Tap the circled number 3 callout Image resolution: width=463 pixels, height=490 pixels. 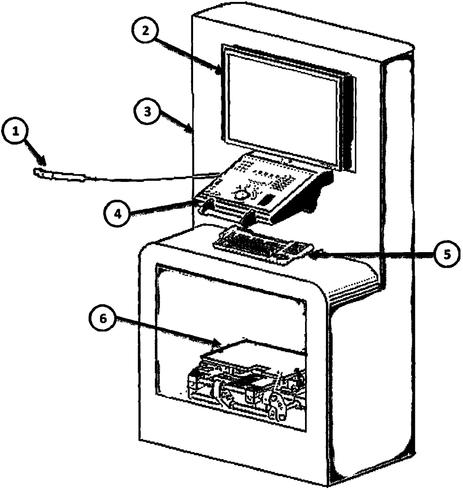pyautogui.click(x=148, y=112)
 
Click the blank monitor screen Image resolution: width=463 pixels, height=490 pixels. pyautogui.click(x=282, y=108)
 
